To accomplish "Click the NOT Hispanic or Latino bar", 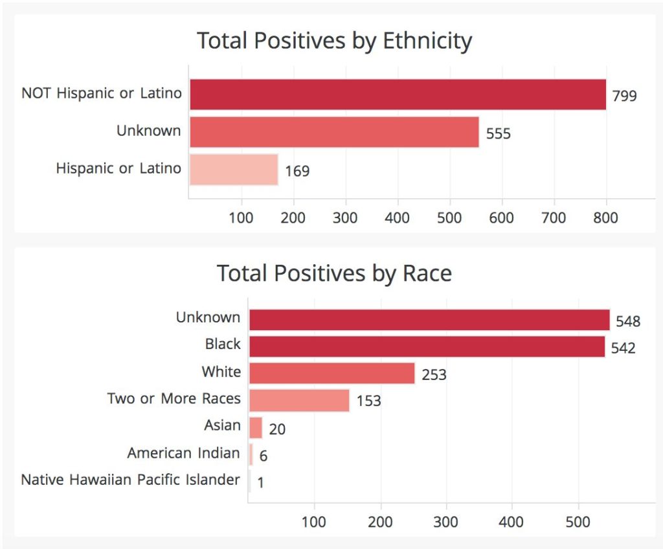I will coord(398,95).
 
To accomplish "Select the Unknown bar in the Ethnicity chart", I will coord(334,132).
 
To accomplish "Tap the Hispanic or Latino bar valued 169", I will coord(234,170).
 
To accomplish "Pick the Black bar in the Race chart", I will coord(427,346).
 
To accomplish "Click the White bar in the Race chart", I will coord(331,373).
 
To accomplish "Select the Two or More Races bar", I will coord(299,400).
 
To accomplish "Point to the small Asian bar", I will coord(256,427).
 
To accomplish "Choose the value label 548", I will coord(628,321).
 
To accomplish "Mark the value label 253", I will coord(434,375).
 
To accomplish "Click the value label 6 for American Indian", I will coord(264,456).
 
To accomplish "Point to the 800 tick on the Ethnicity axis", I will coord(605,218).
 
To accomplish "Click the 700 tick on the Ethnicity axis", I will coord(554,218).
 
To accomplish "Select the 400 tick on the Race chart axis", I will coord(511,522).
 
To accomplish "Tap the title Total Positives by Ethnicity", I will coord(334,41).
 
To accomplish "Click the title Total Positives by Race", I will coord(334,273).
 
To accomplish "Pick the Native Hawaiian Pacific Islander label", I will coord(131,480).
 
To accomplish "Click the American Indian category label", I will coord(184,453).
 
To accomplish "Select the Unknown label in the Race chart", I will coord(208,318).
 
